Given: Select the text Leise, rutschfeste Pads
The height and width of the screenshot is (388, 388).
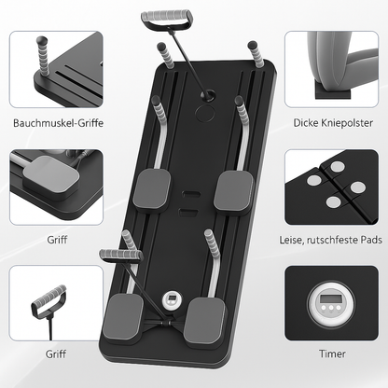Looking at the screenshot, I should (331, 240).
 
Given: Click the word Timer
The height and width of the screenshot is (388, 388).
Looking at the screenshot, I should (331, 354).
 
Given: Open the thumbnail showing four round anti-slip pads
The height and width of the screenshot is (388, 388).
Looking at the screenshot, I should (331, 187).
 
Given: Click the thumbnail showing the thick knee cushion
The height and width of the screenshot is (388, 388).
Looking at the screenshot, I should (331, 71).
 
